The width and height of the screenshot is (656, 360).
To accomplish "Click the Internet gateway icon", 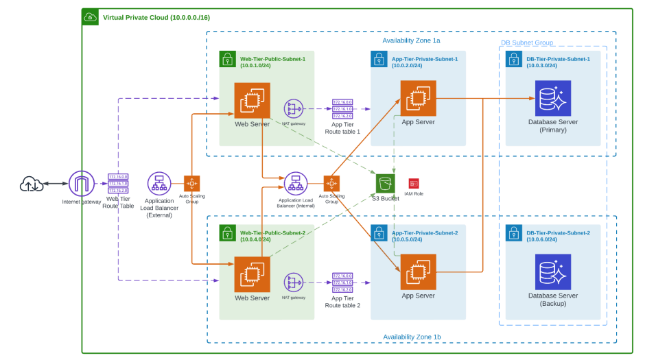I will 82,184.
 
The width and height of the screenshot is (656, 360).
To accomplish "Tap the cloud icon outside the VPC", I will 30,184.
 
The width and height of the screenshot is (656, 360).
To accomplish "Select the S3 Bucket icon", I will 386,183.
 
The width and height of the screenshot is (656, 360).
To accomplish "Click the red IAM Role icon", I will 414,183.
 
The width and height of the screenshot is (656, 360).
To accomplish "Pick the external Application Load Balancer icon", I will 159,184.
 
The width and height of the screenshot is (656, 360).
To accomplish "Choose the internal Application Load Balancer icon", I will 296,184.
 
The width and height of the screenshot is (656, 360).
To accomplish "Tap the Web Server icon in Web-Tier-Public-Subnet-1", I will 252,101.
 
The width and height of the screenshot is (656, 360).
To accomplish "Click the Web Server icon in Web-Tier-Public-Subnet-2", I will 252,274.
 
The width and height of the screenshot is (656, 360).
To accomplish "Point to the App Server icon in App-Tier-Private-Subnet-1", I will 418,98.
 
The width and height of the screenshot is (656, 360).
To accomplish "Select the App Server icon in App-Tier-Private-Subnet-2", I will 418,272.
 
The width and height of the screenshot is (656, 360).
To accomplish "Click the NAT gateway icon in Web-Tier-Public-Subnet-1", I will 294,108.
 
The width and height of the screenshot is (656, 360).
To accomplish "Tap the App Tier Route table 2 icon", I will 342,282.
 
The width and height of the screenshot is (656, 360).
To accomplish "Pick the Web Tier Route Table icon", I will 118,184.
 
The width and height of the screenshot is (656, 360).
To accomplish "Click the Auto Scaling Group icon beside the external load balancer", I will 191,183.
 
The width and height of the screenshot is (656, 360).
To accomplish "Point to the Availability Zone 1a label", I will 411,40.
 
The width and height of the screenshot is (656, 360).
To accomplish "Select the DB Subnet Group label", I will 526,43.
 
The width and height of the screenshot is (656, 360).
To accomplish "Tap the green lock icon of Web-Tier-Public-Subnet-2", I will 227,232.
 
